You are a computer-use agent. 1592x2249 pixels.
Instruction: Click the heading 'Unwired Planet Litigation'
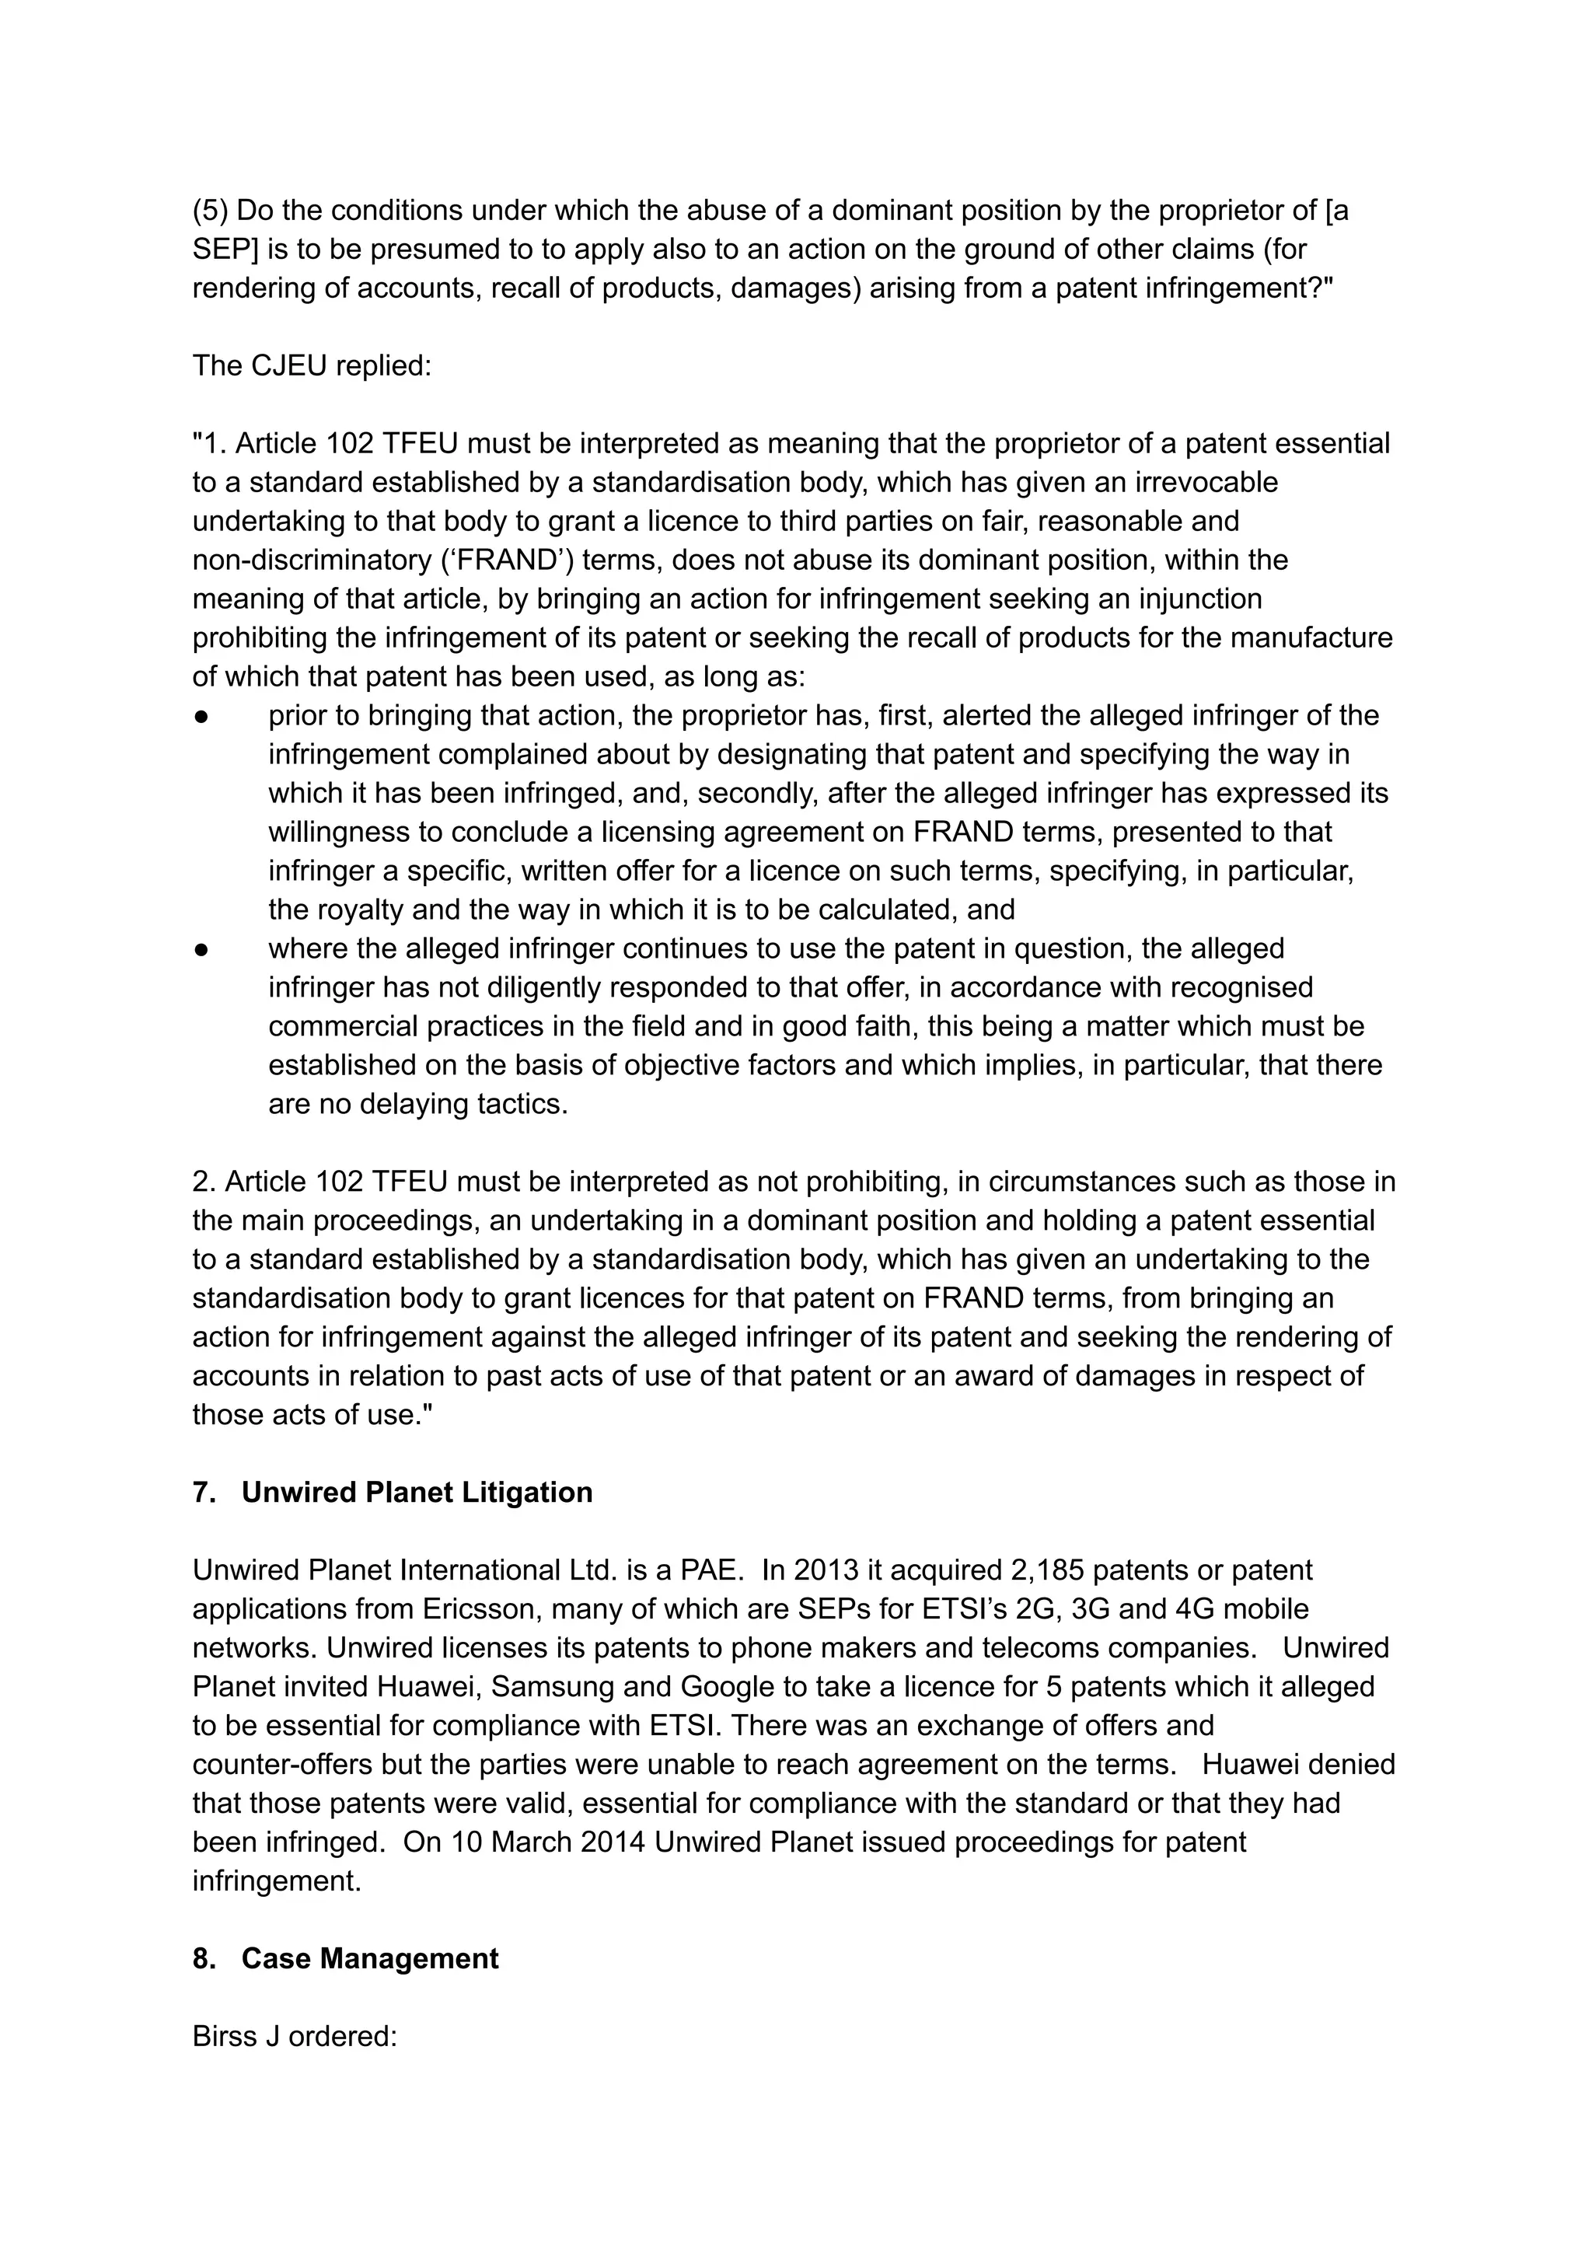click(x=417, y=1492)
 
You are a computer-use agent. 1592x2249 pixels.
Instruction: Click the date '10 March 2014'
click(x=548, y=1841)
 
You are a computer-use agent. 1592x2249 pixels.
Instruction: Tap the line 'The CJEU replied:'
click(x=312, y=365)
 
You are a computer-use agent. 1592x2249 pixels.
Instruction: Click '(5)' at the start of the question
click(x=210, y=210)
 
